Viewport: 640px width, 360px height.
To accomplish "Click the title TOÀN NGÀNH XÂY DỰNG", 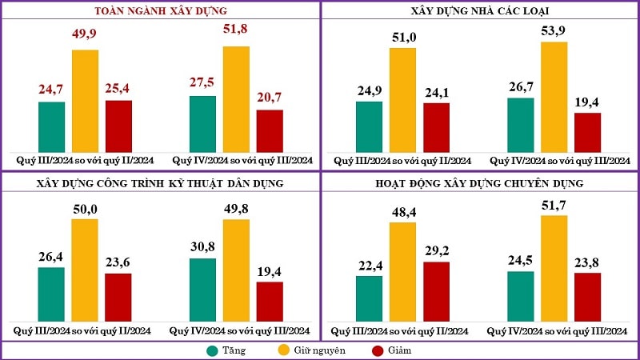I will [x=161, y=11].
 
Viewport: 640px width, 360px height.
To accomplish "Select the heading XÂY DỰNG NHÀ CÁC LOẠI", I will [x=480, y=11].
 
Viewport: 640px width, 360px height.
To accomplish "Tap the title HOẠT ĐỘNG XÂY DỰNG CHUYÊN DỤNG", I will [x=480, y=183].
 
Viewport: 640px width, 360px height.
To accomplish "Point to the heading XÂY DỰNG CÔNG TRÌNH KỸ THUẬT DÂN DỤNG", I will [x=161, y=183].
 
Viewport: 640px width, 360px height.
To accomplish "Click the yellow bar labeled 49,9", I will [x=86, y=101].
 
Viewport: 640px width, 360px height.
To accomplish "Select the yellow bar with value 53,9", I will [x=554, y=97].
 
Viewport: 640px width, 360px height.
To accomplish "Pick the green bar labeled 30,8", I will [x=202, y=290].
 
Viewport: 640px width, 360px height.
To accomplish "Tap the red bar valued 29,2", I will [x=436, y=291].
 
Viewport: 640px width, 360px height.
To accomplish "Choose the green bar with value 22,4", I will [x=369, y=298].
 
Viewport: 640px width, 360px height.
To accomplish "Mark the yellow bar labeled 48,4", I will [x=402, y=272].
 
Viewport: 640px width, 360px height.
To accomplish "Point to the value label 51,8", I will [x=236, y=30].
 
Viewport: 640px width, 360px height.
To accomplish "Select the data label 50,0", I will [x=85, y=208].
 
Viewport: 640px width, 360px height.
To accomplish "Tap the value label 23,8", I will [x=588, y=260].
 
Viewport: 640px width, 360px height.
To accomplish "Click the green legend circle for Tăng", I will [x=212, y=350].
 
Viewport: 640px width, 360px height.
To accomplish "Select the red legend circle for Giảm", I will [x=377, y=350].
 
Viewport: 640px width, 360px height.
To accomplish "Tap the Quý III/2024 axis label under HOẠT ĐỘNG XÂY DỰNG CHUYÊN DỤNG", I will [x=402, y=331].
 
